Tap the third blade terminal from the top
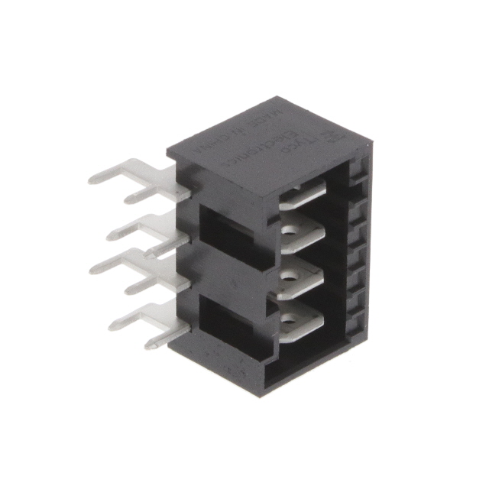tap(300, 281)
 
